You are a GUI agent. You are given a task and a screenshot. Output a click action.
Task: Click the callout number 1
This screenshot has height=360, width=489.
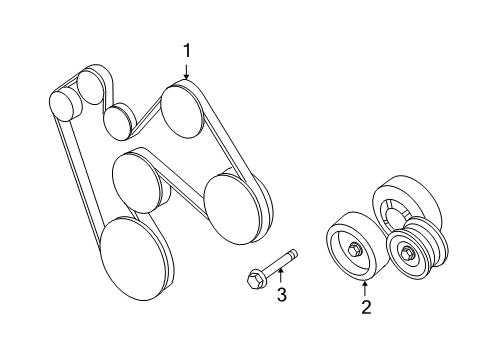[x=186, y=48]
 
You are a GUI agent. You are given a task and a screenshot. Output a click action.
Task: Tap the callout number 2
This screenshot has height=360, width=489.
[x=366, y=308]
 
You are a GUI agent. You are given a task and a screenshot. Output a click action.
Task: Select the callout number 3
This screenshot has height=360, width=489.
[x=282, y=295]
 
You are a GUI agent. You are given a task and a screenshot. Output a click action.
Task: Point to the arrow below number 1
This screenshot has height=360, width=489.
[x=186, y=70]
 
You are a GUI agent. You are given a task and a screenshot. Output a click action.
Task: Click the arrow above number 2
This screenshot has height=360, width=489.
[x=366, y=288]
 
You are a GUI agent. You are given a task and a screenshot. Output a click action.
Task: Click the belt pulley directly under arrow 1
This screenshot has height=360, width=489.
[x=184, y=110]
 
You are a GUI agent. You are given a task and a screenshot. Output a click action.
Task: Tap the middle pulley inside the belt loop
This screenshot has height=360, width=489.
[x=138, y=178]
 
